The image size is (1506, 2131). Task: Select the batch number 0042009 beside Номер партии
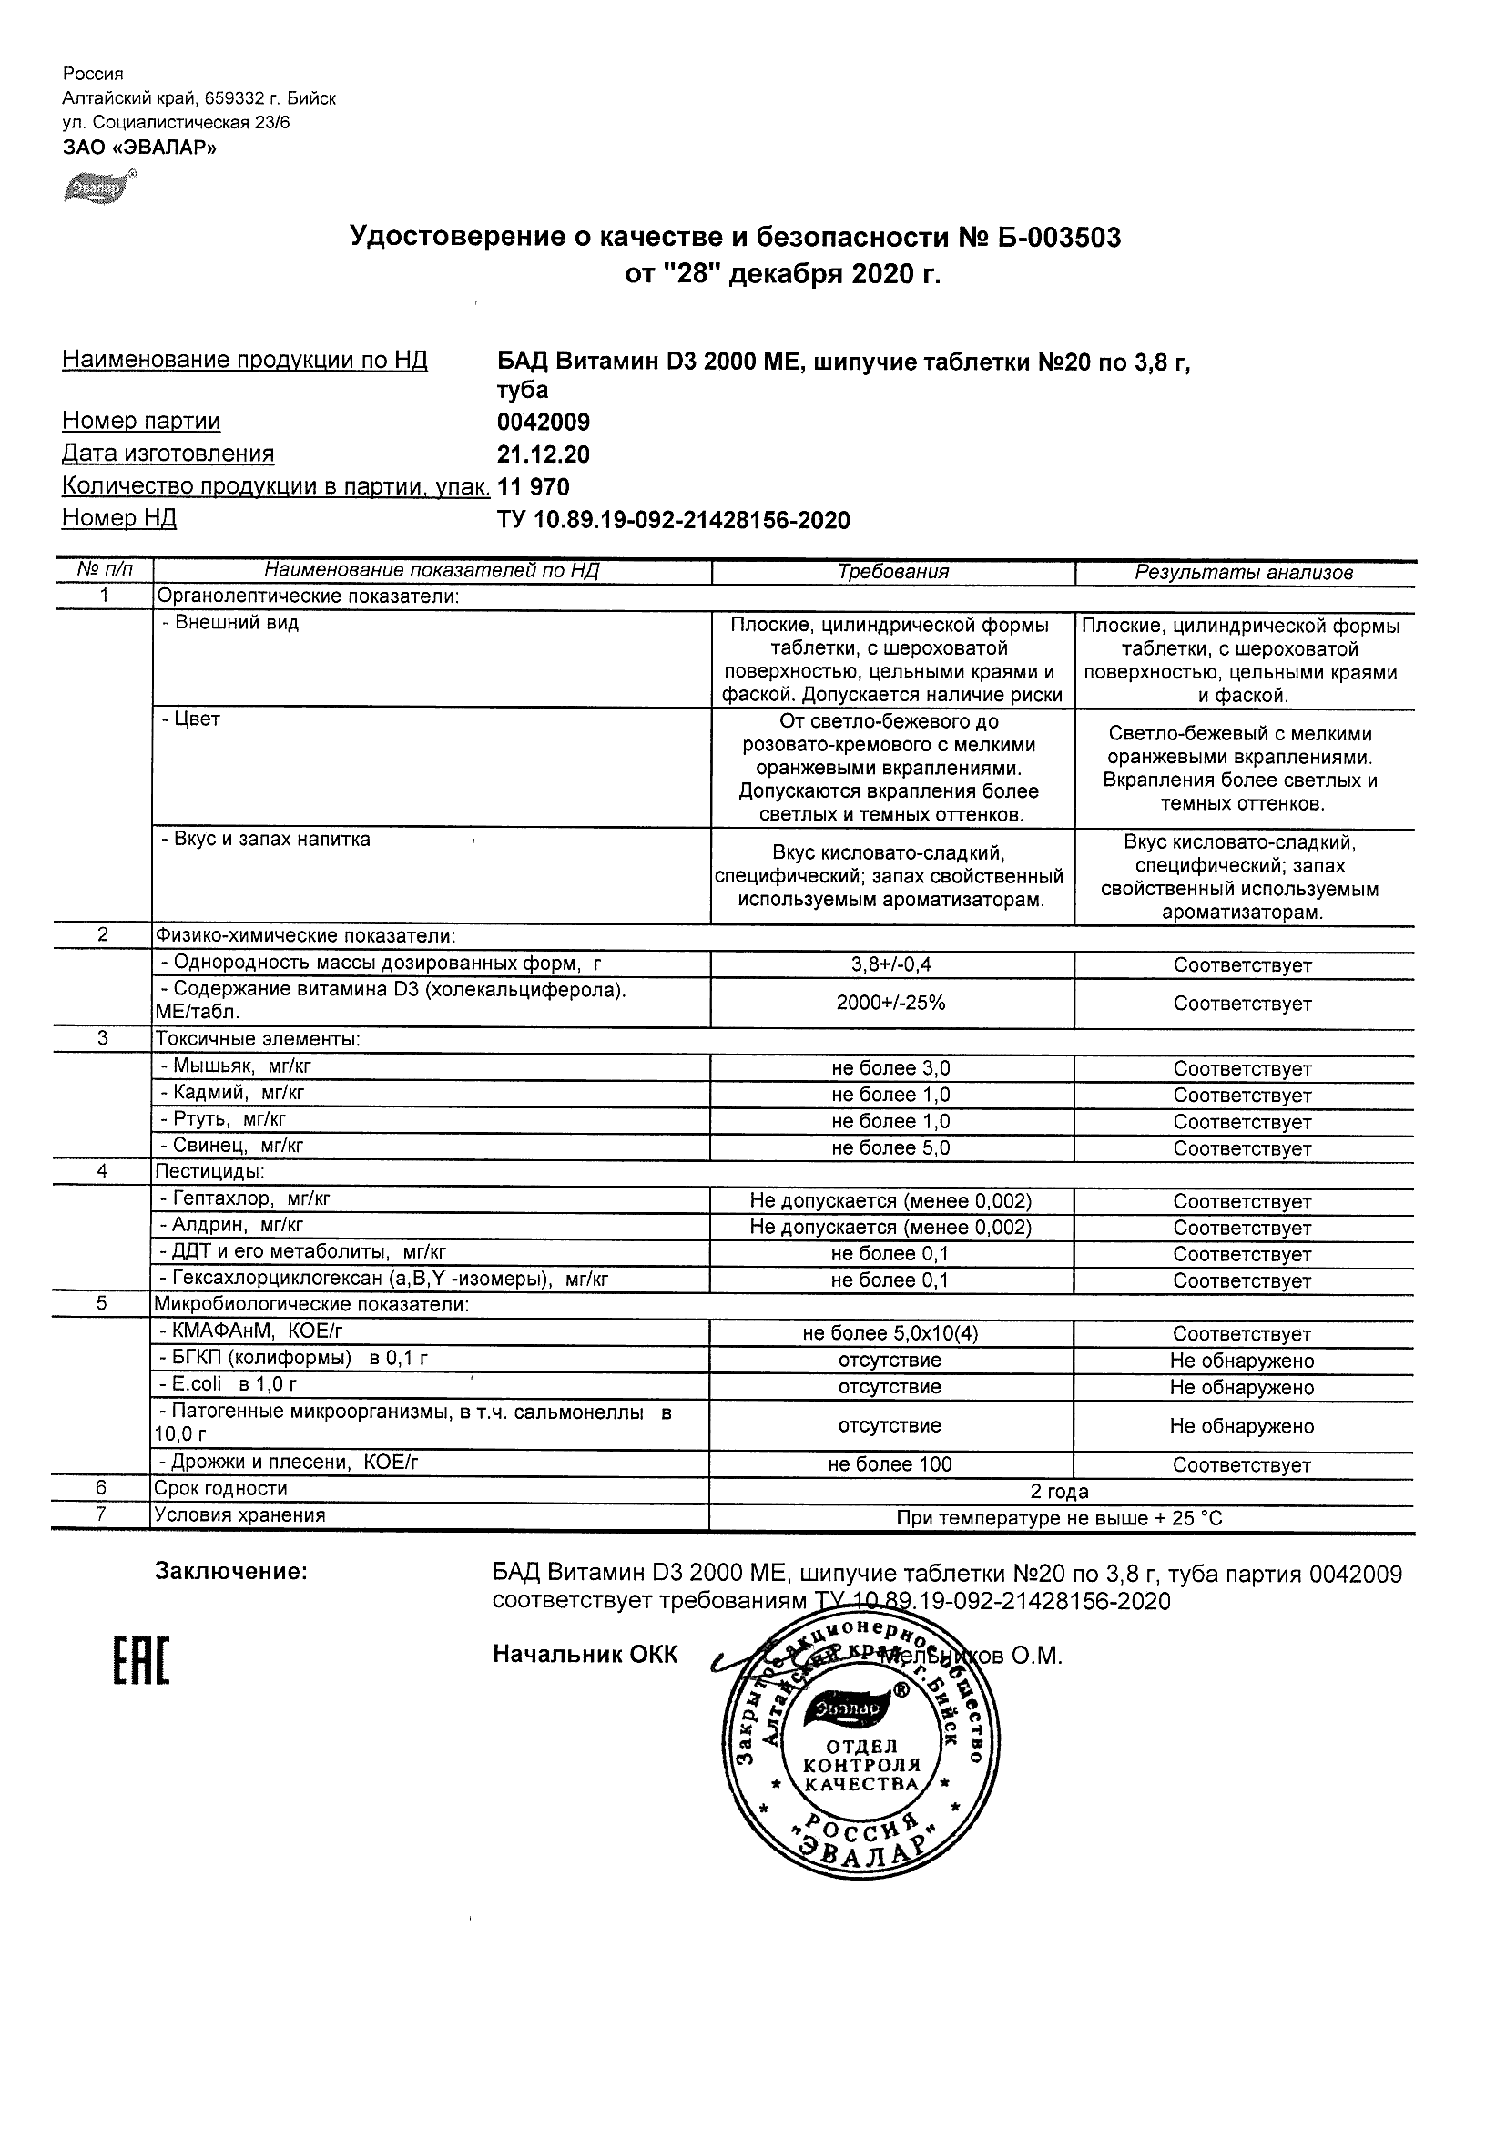point(544,423)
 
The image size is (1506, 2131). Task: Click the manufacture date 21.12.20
point(544,454)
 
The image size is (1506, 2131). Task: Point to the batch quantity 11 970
point(534,487)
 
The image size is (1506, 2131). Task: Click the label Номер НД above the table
point(118,518)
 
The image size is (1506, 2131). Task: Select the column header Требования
point(892,572)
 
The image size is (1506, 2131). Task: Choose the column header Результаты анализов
point(1244,573)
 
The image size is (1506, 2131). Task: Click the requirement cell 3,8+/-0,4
point(890,964)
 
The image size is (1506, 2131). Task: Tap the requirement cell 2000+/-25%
point(890,1003)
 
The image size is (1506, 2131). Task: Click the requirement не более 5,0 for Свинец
point(890,1148)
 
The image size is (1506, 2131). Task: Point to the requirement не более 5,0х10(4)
point(890,1334)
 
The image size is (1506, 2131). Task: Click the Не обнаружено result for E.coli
point(1242,1388)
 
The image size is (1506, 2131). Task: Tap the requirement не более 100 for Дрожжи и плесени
point(890,1464)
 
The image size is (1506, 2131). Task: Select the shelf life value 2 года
point(1060,1492)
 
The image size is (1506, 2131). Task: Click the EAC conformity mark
point(141,1661)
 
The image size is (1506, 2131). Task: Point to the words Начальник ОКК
point(585,1655)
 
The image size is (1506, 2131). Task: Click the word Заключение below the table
point(230,1571)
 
